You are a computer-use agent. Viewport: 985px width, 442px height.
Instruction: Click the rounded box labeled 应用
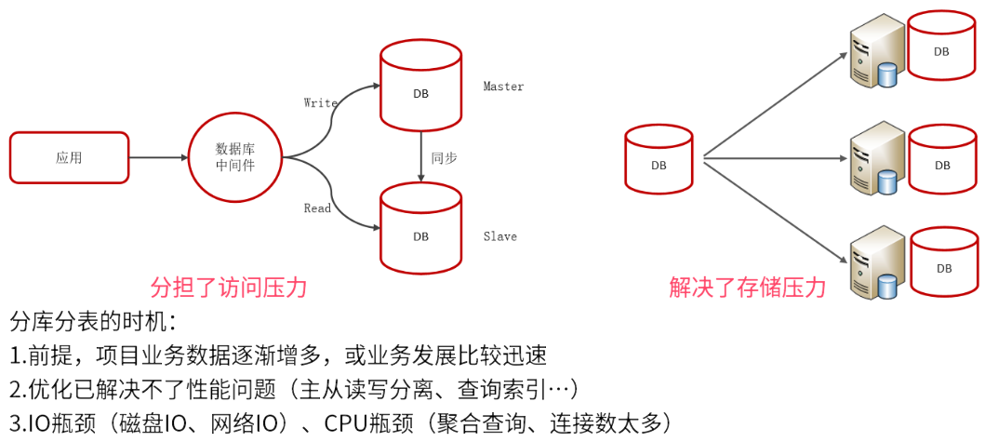click(x=69, y=157)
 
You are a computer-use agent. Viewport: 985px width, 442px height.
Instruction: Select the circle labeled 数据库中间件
click(x=234, y=157)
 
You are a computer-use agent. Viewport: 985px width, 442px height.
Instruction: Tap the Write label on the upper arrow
click(x=320, y=103)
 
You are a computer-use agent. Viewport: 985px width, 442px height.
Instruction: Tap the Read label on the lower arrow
click(x=317, y=208)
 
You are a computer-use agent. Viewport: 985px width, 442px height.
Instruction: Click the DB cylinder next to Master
click(x=420, y=90)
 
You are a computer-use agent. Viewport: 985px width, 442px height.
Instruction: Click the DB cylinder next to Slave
click(x=420, y=234)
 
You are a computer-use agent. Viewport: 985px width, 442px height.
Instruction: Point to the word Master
click(x=503, y=87)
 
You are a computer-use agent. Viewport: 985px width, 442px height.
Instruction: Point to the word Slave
click(x=499, y=236)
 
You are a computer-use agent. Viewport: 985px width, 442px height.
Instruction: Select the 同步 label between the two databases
click(x=444, y=158)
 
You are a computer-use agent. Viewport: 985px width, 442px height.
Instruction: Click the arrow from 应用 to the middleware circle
click(x=157, y=157)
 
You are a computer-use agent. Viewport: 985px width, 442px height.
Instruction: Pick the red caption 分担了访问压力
click(x=229, y=288)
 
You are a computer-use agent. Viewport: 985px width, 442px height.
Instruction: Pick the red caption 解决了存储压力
click(x=747, y=288)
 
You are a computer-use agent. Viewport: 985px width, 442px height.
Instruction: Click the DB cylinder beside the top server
click(x=942, y=49)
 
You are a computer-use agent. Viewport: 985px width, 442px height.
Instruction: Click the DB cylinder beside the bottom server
click(x=943, y=266)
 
